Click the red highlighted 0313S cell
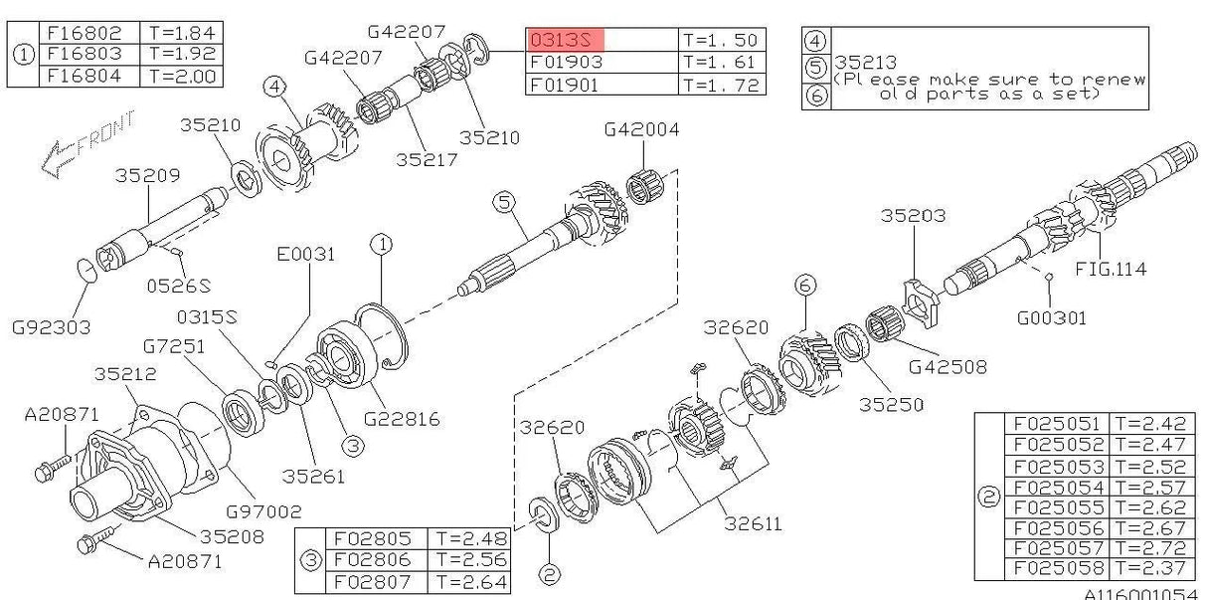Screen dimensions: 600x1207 (565, 40)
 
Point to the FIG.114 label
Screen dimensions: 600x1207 (1111, 269)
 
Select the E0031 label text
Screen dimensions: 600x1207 (305, 254)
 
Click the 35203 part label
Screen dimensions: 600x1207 (913, 215)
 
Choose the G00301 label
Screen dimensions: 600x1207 (1051, 318)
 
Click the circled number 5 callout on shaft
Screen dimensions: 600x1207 (505, 203)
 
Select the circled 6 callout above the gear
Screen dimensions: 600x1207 (804, 285)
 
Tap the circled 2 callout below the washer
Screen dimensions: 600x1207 (550, 575)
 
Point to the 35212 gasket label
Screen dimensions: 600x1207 (125, 375)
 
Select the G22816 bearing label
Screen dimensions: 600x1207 (402, 418)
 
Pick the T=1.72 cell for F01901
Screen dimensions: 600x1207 (720, 86)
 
